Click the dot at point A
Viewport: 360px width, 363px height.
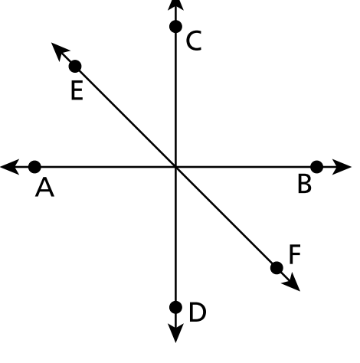(x=34, y=167)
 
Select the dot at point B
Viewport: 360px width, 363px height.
(x=317, y=167)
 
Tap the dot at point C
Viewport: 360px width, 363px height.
(x=175, y=26)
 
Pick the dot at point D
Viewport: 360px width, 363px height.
(x=175, y=307)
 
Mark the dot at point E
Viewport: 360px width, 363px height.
(x=75, y=67)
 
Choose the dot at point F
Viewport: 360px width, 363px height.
(x=277, y=268)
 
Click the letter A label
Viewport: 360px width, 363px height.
(x=44, y=188)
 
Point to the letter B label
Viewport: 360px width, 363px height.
(x=305, y=184)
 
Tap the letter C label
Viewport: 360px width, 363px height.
(x=194, y=41)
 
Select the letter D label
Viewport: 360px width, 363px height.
(x=198, y=312)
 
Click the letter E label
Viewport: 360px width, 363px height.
(x=77, y=90)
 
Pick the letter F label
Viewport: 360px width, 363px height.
(x=295, y=254)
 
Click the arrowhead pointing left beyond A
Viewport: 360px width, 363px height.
(x=10, y=167)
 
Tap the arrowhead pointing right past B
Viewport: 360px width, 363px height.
(x=342, y=167)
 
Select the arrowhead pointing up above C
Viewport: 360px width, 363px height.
(x=175, y=5)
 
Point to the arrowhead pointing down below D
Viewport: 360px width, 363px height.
(x=175, y=333)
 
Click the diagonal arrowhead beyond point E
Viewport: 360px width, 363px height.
(x=59, y=51)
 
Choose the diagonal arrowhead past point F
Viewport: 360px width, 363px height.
(x=292, y=283)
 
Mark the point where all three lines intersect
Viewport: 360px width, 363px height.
(x=175, y=167)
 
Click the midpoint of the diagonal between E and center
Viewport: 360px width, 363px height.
(x=126, y=116)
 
